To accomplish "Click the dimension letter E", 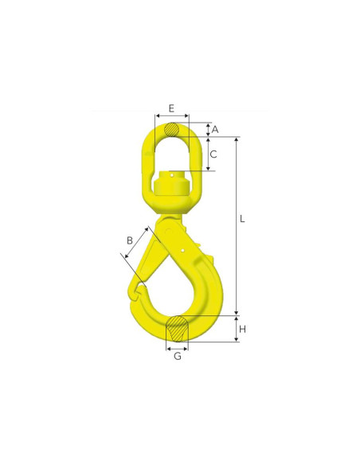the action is point(171,108).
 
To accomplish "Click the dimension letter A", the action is point(215,130).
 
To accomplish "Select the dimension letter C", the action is point(213,154).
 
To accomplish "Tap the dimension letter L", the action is point(242,219).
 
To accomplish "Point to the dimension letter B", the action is point(130,240).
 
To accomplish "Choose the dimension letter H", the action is point(243,329).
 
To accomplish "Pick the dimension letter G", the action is point(178,356).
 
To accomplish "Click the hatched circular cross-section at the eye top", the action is point(172,130).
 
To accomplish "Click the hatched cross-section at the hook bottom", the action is point(177,329).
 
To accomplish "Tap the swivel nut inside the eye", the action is point(171,183).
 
